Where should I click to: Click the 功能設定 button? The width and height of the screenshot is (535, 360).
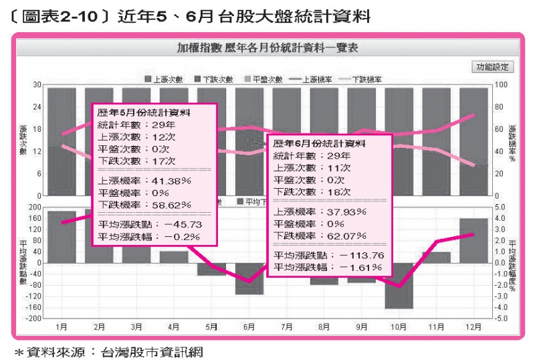pos(492,66)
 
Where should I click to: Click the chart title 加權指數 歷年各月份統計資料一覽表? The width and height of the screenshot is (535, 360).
pos(267,48)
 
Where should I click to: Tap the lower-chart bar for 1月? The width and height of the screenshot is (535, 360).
pos(62,237)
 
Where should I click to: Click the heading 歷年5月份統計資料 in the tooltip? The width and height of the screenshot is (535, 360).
pos(144,112)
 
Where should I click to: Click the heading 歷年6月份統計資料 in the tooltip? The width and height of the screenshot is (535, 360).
pos(318,143)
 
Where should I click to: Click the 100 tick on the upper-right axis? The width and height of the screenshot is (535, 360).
pos(499,84)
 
